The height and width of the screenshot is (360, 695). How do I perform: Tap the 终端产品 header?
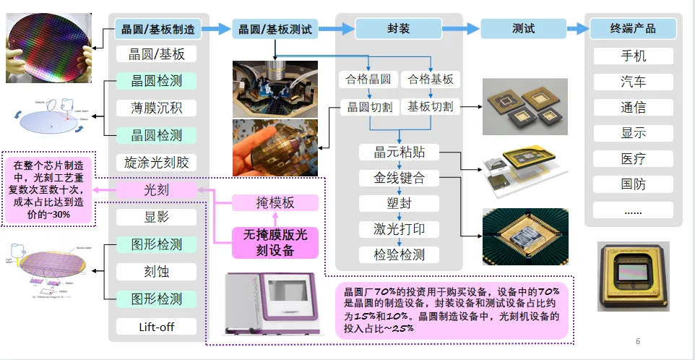pyautogui.click(x=633, y=30)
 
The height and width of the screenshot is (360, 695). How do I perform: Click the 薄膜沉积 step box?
pyautogui.click(x=156, y=108)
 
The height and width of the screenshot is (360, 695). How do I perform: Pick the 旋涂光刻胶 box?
pyautogui.click(x=156, y=163)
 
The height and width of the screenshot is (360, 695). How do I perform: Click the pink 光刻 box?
pyautogui.click(x=156, y=190)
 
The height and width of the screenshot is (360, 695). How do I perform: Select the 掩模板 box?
pyautogui.click(x=275, y=203)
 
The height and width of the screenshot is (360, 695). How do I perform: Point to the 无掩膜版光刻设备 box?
pyautogui.click(x=275, y=243)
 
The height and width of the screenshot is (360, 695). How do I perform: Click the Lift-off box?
pyautogui.click(x=156, y=327)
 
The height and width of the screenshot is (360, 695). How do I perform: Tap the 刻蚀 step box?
pyautogui.click(x=156, y=272)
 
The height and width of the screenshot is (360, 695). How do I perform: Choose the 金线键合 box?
pyautogui.click(x=400, y=178)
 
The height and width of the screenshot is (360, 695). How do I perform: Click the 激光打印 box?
pyautogui.click(x=400, y=230)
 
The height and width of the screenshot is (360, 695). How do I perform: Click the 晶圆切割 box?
pyautogui.click(x=370, y=107)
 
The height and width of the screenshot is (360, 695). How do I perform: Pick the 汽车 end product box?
pyautogui.click(x=633, y=82)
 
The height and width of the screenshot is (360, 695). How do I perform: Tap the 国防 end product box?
pyautogui.click(x=633, y=184)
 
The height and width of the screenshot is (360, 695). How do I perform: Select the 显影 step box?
pyautogui.click(x=156, y=217)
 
